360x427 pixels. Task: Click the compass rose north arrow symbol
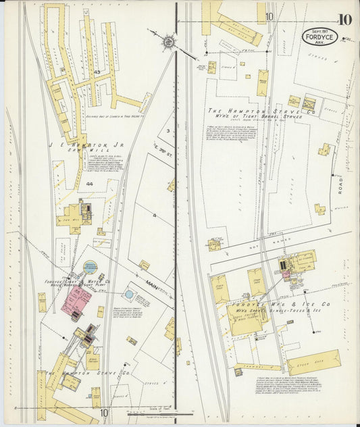coord(167,41)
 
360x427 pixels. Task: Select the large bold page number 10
coord(344,19)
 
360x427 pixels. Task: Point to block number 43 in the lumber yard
coord(97,72)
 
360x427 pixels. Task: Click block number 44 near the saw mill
coord(89,183)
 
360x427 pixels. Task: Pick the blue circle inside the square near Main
coord(129,295)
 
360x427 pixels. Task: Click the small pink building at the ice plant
coord(286,274)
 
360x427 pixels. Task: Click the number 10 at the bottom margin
coord(104,413)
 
